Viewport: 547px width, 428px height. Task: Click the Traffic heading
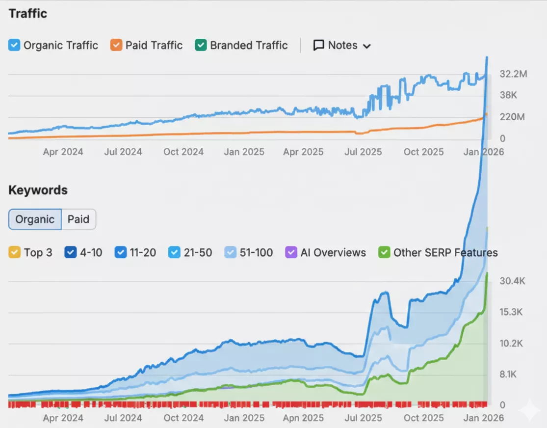click(x=28, y=13)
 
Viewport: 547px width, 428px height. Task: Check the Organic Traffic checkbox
click(x=14, y=46)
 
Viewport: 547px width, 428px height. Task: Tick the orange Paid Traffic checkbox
click(x=116, y=46)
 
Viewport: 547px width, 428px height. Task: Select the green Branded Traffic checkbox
click(x=201, y=46)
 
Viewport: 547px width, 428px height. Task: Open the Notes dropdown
click(x=342, y=46)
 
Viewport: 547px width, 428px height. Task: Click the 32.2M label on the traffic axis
click(x=513, y=74)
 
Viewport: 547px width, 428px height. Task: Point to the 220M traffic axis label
click(x=512, y=117)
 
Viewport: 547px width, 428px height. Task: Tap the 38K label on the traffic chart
click(x=508, y=95)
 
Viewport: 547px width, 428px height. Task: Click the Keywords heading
click(x=38, y=190)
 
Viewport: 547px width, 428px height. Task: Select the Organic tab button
click(x=35, y=219)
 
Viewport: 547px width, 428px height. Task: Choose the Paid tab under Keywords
click(x=78, y=219)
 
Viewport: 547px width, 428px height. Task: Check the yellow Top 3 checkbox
click(x=14, y=253)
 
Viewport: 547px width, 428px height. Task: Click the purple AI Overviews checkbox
click(x=291, y=253)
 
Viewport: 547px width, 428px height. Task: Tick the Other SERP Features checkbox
click(x=384, y=253)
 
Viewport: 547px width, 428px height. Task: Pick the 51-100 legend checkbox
click(x=231, y=253)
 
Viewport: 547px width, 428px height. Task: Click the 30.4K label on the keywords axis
click(x=512, y=281)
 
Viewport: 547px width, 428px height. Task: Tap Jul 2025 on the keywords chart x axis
click(x=364, y=418)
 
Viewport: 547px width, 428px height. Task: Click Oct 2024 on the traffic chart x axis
click(x=183, y=152)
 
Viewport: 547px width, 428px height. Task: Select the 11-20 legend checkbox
click(x=120, y=253)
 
